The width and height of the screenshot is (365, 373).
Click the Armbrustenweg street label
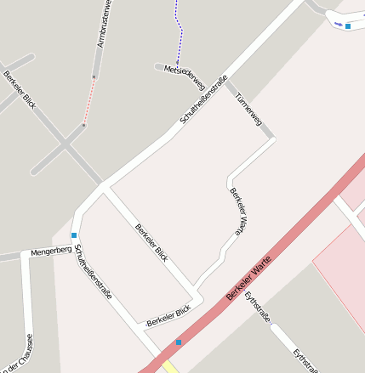101,23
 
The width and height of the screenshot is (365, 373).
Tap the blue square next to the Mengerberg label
74,235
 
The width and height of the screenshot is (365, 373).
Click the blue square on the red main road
179,342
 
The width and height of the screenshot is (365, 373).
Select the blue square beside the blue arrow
348,26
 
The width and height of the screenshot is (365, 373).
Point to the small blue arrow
338,24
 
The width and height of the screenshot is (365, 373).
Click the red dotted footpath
89,102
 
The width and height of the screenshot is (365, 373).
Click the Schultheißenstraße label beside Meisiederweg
204,100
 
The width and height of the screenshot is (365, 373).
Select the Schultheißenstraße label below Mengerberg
93,272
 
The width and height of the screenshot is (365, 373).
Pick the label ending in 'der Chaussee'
19,353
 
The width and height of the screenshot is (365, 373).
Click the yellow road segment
170,367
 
